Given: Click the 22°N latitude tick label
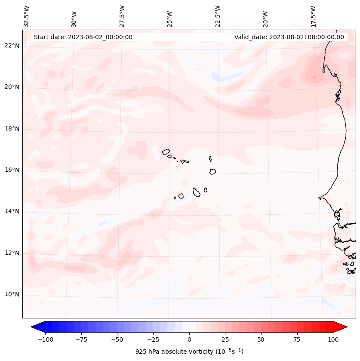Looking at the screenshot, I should (x=12, y=46).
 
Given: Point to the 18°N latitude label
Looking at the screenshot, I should (x=12, y=129).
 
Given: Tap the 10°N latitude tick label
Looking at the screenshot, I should (x=12, y=295).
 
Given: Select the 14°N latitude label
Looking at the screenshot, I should (x=12, y=211).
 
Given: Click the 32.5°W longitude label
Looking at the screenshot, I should (x=27, y=16).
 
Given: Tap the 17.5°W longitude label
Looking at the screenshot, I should (x=313, y=16).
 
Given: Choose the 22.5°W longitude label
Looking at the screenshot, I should (x=218, y=16).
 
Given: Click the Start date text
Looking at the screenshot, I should (x=83, y=37).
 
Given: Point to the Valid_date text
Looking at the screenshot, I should (x=289, y=37).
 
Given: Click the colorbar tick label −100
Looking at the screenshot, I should (x=45, y=339).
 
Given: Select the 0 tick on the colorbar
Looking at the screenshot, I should (x=189, y=339).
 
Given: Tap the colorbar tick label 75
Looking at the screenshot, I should (x=297, y=339).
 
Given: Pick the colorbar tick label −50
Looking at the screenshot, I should (x=117, y=339).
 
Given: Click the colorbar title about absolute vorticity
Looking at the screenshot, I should (x=189, y=352).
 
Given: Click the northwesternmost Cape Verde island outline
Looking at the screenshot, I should (x=166, y=151).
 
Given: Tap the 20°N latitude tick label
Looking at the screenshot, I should (x=12, y=87).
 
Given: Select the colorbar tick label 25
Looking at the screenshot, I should (x=225, y=339).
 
